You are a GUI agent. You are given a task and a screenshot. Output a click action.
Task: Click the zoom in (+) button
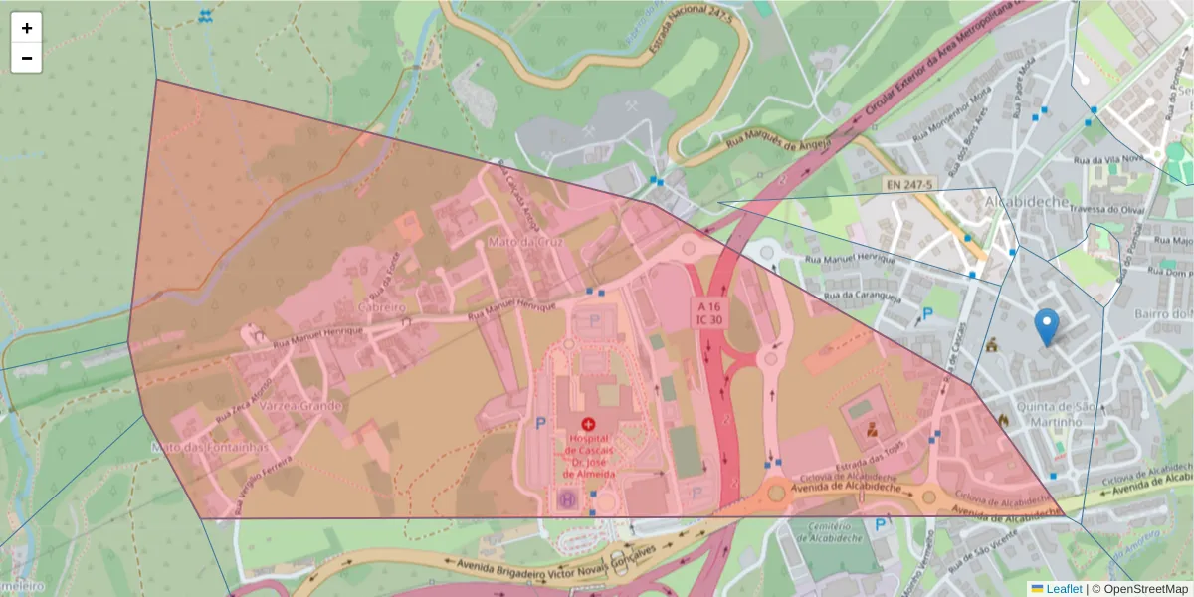coord(27,28)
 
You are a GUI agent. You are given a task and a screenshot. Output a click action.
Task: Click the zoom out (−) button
coord(27,58)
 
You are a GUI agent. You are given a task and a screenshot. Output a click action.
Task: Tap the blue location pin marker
coord(1046,326)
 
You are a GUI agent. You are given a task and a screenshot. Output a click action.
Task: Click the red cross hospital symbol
coord(588,424)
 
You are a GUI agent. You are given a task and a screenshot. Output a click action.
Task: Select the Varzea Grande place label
coord(300,406)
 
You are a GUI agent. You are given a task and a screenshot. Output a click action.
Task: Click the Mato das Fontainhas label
coord(210,448)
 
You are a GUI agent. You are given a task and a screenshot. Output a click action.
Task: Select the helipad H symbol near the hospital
coord(568,497)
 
